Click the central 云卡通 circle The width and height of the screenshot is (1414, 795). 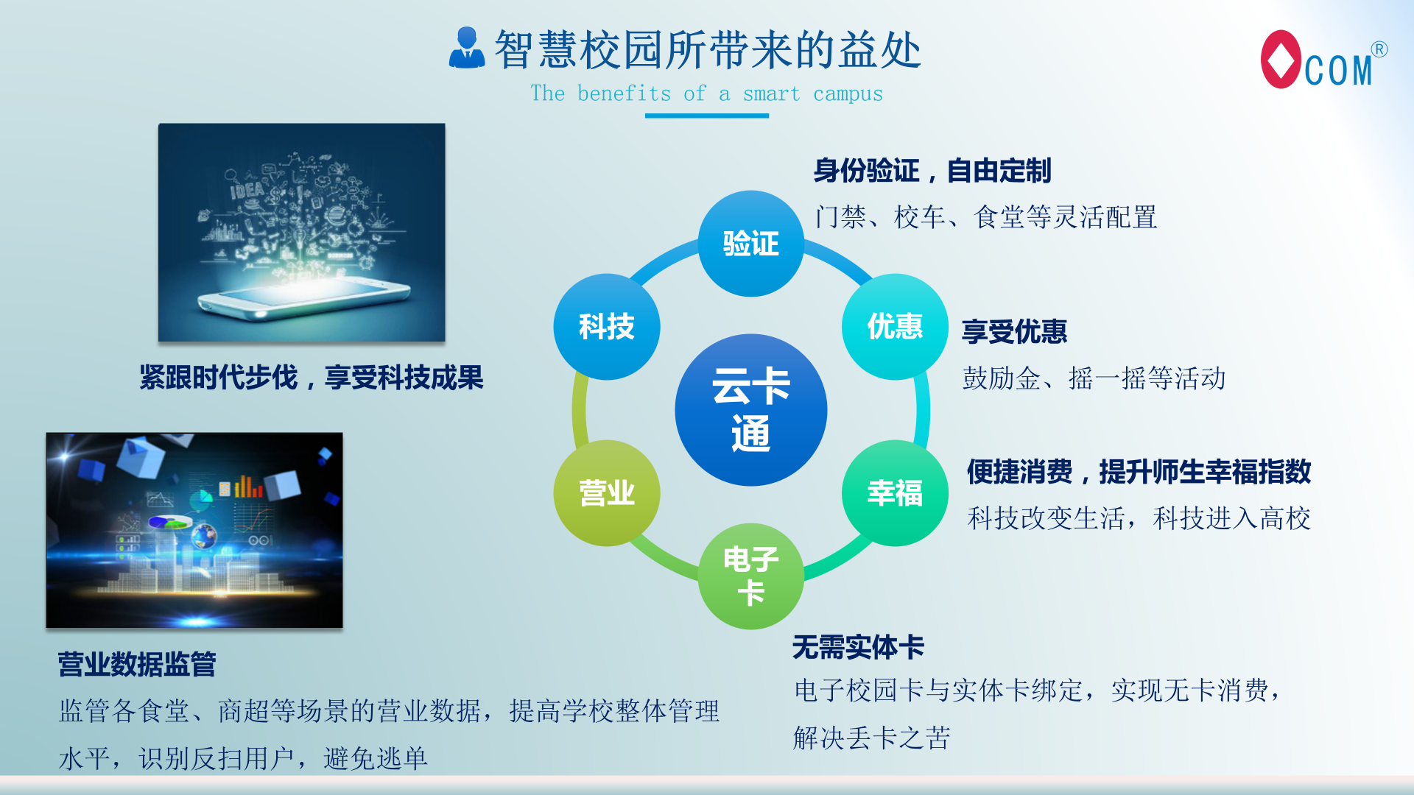(750, 410)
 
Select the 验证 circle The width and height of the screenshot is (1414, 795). (750, 244)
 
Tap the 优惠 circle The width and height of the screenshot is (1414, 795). (895, 327)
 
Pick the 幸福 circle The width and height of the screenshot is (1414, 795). (895, 493)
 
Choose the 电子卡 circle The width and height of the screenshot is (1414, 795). (750, 576)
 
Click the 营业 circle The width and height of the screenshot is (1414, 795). (607, 493)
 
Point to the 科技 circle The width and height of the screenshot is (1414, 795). (607, 327)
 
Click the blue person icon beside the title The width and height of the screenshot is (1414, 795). (467, 48)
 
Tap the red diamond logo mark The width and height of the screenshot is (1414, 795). (1281, 59)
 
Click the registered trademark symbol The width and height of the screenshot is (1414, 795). (1379, 49)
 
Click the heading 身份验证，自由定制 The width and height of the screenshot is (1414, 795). (932, 171)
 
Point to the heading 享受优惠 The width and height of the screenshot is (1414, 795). (1014, 332)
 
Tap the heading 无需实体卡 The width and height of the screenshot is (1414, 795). (858, 648)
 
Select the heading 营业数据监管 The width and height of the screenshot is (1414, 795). (137, 665)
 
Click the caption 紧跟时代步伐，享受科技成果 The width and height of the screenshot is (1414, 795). (312, 378)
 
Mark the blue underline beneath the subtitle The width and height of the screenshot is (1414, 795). (707, 116)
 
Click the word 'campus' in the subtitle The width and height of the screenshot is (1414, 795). (848, 95)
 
